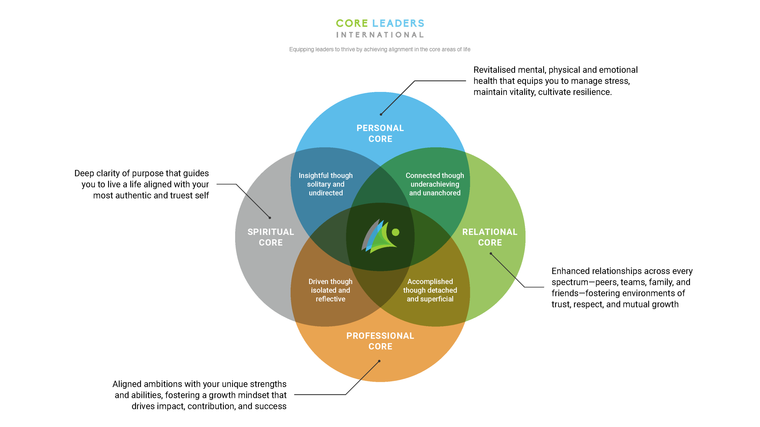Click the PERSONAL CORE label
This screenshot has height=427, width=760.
pyautogui.click(x=380, y=133)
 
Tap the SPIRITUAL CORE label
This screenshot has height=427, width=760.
pyautogui.click(x=270, y=237)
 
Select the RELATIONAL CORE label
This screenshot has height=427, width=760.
pyautogui.click(x=490, y=237)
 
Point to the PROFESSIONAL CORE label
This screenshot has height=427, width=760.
pyautogui.click(x=380, y=341)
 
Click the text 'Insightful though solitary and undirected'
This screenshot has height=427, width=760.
pyautogui.click(x=326, y=184)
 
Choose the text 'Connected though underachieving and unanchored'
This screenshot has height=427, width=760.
pyautogui.click(x=435, y=184)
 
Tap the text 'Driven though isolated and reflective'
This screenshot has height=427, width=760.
pyautogui.click(x=330, y=290)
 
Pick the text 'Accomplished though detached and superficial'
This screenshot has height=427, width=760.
pyautogui.click(x=430, y=290)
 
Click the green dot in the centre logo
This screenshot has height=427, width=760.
pyautogui.click(x=395, y=232)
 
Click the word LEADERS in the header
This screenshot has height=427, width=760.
pyautogui.click(x=398, y=23)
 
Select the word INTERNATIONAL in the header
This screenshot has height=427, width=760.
pyautogui.click(x=380, y=35)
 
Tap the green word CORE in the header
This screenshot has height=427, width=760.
pyautogui.click(x=352, y=23)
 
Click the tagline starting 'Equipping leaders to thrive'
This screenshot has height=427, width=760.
pyautogui.click(x=380, y=49)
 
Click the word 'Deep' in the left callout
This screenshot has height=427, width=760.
pyautogui.click(x=84, y=173)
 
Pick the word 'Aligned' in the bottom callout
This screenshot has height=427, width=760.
pyautogui.click(x=127, y=384)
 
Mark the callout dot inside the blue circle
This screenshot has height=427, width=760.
pyautogui.click(x=381, y=114)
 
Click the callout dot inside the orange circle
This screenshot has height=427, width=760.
pyautogui.click(x=379, y=361)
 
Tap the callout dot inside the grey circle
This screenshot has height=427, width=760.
pyautogui.click(x=270, y=218)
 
